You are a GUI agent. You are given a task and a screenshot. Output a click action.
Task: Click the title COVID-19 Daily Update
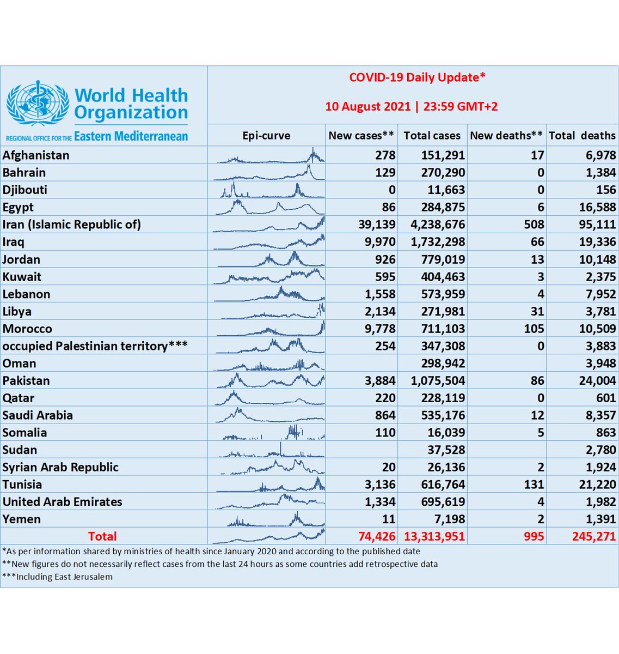point(417,77)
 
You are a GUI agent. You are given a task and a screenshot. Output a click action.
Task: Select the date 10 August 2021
point(367,106)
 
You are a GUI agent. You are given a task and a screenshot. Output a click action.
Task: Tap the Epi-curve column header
point(266,136)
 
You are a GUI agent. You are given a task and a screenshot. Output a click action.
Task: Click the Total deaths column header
point(582,136)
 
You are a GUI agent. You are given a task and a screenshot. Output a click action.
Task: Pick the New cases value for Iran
point(377,225)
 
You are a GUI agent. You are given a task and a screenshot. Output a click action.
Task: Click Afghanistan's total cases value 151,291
point(443,155)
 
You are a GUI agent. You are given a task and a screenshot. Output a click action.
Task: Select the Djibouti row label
point(25,190)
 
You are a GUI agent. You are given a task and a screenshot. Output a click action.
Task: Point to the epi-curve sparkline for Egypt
point(269,207)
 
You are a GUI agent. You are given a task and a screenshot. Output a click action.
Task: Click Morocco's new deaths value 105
point(534,329)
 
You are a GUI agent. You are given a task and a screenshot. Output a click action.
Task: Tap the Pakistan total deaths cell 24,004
point(597,381)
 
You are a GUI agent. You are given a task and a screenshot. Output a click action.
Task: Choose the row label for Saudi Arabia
point(38,415)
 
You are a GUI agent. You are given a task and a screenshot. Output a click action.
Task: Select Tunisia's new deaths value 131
point(534,485)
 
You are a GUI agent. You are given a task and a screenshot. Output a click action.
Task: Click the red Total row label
point(102,536)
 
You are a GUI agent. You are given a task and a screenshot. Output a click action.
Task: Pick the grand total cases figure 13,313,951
point(434,536)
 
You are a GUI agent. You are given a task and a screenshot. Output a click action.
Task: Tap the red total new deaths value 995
point(534,536)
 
